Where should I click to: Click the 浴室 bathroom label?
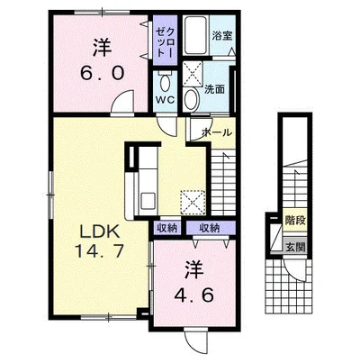tap(222, 36)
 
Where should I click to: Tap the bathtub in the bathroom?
tap(195, 35)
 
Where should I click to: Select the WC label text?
tap(165, 100)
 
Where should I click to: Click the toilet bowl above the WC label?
tap(165, 81)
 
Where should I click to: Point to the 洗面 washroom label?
tap(215, 89)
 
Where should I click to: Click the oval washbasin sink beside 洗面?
tap(192, 99)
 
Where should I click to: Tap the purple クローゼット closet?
tap(165, 40)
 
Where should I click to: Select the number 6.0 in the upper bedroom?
tap(102, 73)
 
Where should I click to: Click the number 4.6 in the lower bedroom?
tap(194, 295)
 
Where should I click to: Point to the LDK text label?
tap(100, 231)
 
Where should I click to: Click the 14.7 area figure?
tap(99, 250)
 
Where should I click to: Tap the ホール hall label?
tap(217, 132)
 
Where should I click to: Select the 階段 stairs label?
tap(295, 220)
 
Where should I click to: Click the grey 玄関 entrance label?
tap(295, 247)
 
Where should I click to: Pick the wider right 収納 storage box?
tap(210, 228)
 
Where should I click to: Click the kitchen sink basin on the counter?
tap(148, 201)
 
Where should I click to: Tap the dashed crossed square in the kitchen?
tap(193, 203)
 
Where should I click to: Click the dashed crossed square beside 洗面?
tap(193, 74)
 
